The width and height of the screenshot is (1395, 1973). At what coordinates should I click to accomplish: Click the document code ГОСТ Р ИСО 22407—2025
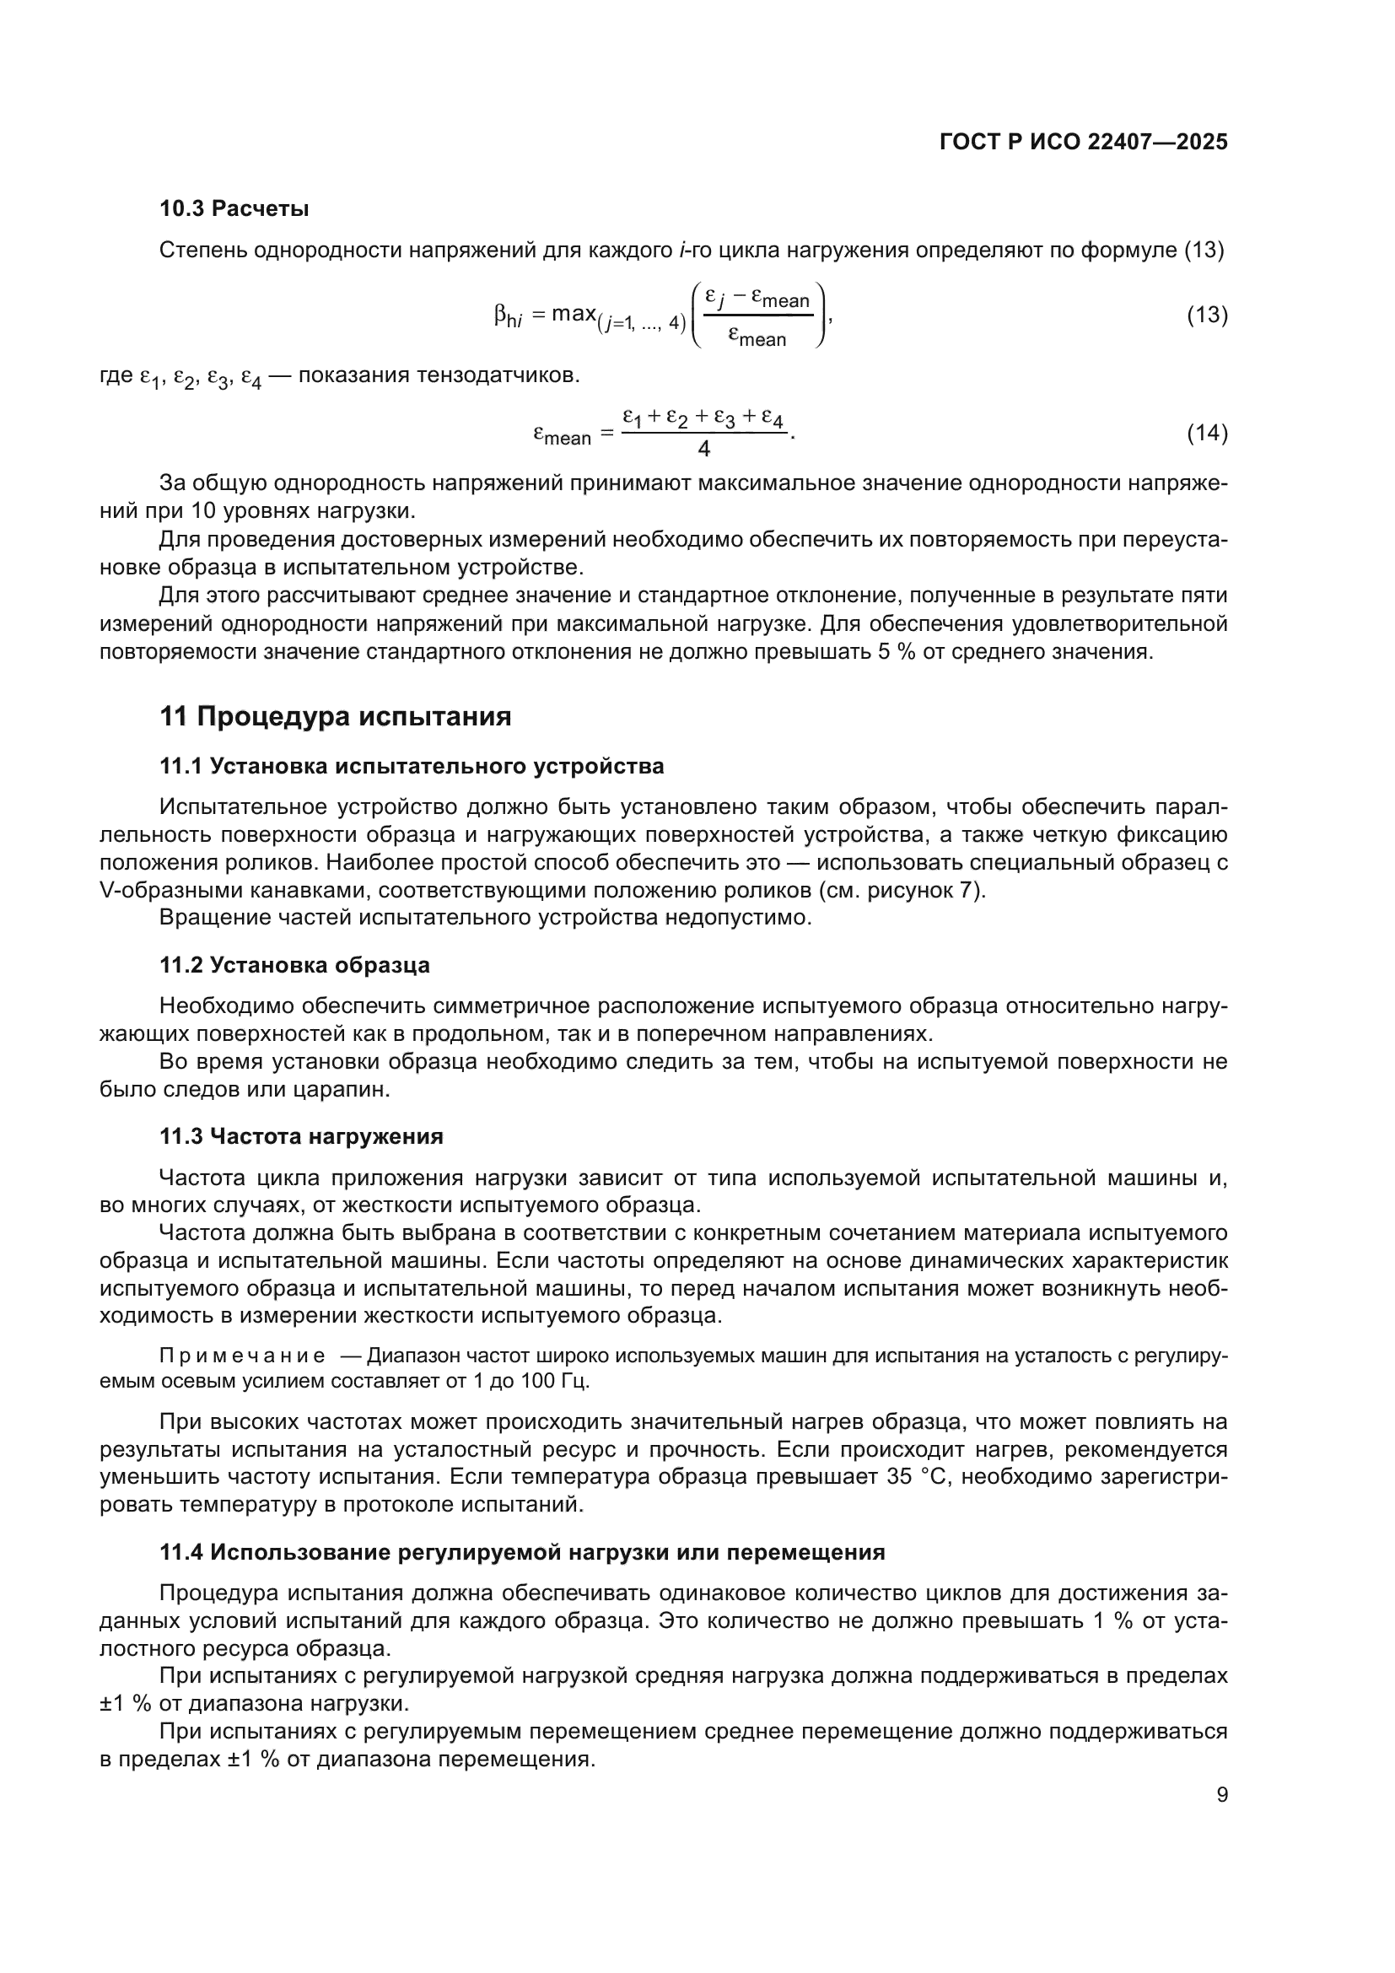click(x=1083, y=143)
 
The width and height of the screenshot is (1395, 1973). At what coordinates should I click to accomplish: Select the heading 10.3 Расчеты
click(x=234, y=209)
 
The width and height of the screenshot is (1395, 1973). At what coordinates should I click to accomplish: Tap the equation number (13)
click(x=1207, y=315)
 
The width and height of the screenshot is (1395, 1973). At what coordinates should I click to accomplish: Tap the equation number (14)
click(x=1207, y=433)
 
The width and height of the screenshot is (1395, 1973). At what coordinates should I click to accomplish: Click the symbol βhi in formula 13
click(x=509, y=318)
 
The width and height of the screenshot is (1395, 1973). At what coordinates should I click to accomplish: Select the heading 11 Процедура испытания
click(x=335, y=716)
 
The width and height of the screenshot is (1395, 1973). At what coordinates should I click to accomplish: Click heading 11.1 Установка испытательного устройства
click(x=412, y=766)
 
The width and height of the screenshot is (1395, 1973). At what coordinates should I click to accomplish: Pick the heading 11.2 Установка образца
click(x=294, y=965)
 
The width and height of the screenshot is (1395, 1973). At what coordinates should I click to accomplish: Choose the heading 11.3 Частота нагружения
click(x=301, y=1136)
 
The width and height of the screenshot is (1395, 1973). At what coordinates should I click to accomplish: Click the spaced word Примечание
click(x=242, y=1356)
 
